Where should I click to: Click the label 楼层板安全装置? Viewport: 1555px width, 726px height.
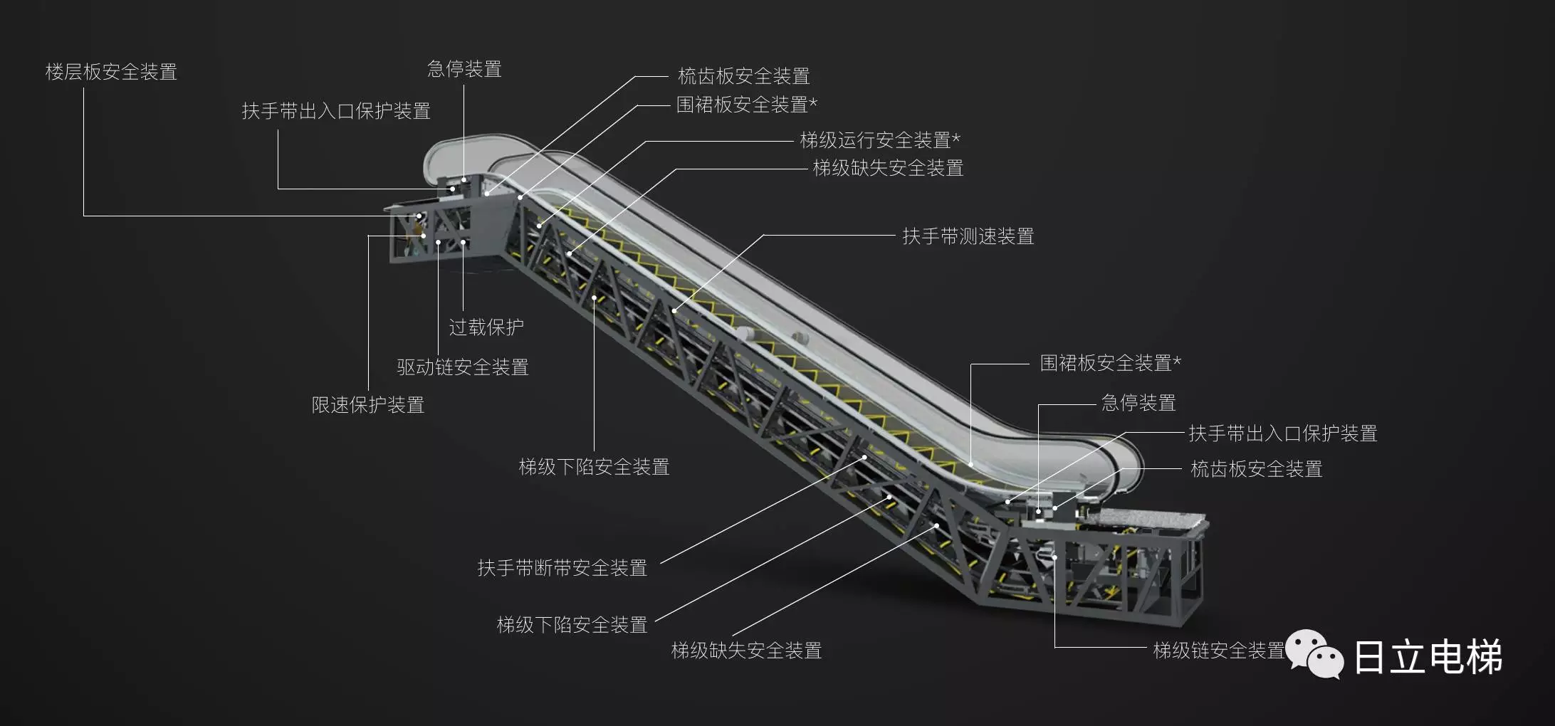(x=111, y=72)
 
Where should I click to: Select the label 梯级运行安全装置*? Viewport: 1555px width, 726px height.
(x=880, y=140)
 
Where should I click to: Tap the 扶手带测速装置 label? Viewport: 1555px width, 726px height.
(x=968, y=236)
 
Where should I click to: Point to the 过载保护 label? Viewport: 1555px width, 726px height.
(x=486, y=327)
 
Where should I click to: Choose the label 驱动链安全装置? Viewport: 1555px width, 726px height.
(x=463, y=367)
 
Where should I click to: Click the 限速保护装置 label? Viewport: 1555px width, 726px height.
(x=368, y=405)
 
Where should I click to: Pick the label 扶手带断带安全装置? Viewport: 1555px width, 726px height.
(x=562, y=568)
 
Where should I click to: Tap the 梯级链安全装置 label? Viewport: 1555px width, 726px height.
(x=1218, y=650)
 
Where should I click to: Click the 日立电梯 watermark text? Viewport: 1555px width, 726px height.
(x=1427, y=656)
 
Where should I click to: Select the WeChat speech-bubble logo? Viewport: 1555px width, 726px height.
(x=1314, y=654)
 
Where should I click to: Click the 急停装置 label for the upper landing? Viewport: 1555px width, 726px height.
(x=464, y=69)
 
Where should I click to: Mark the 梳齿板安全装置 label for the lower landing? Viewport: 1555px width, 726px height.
(x=1256, y=469)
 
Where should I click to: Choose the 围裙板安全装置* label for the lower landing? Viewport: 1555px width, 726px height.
(x=1110, y=363)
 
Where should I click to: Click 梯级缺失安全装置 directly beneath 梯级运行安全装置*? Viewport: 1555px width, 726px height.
(x=888, y=168)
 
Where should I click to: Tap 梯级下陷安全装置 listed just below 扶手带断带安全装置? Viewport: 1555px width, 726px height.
(x=572, y=625)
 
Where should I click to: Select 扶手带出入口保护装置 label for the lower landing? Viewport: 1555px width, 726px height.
(x=1283, y=433)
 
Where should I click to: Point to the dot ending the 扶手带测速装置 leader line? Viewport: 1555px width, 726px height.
(x=674, y=311)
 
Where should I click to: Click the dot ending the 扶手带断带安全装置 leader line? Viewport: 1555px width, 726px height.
(x=865, y=458)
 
